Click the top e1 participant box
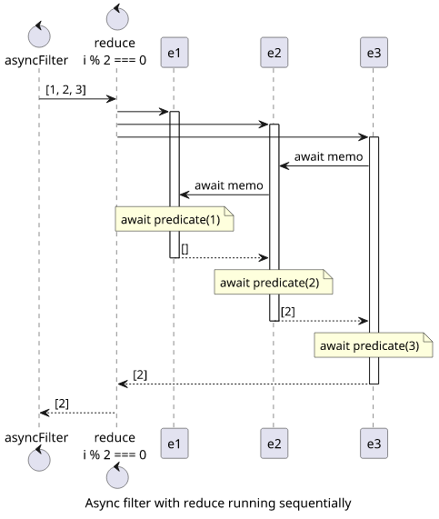[175, 53]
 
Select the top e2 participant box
[274, 53]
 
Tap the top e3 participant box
[374, 53]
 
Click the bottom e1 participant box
[175, 444]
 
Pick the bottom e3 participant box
[374, 444]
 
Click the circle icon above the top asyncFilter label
[39, 36]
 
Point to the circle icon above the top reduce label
[117, 18]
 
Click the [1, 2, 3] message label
[65, 89]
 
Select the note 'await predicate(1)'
[175, 219]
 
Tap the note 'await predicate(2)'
[274, 282]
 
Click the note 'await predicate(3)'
[374, 345]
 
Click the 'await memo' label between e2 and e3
[328, 156]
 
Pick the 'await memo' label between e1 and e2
[229, 185]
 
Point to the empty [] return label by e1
[185, 249]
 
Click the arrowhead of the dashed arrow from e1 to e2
[264, 257]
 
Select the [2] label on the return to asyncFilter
[62, 404]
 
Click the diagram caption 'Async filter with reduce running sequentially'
[218, 503]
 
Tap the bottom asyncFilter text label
[36, 437]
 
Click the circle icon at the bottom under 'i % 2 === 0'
[117, 476]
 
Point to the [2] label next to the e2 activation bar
[288, 312]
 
